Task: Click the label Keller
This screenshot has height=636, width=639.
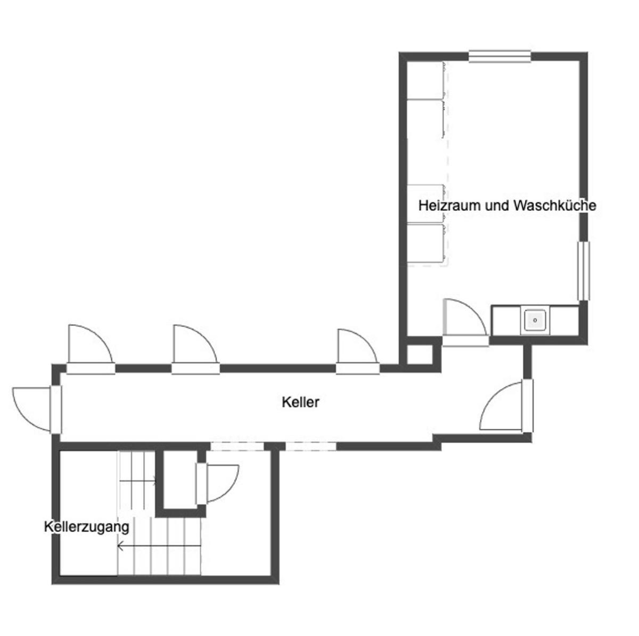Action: [x=300, y=402]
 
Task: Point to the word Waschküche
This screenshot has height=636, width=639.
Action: [x=555, y=206]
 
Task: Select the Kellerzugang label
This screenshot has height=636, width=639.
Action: [x=87, y=527]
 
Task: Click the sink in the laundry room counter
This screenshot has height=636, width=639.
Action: [x=535, y=320]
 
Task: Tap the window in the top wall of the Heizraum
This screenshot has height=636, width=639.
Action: [x=499, y=56]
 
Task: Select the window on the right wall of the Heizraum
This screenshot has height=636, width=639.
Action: [x=584, y=271]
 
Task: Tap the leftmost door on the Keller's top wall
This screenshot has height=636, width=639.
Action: [x=91, y=349]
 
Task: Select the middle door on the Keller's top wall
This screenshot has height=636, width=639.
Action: [x=195, y=349]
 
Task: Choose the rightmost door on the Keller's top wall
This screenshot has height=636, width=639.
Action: [x=358, y=351]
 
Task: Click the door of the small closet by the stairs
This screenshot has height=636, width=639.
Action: [x=217, y=484]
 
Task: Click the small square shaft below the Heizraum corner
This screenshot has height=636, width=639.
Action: [x=420, y=354]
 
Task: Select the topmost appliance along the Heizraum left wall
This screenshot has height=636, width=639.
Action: [x=426, y=80]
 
